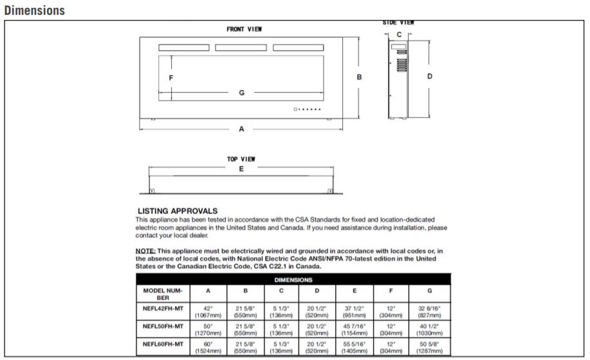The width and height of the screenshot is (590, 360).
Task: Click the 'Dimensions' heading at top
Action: (x=34, y=11)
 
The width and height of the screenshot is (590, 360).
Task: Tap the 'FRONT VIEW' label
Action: (x=244, y=30)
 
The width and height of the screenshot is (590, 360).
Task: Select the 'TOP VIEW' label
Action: (x=241, y=159)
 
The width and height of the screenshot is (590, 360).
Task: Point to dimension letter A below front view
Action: (x=242, y=129)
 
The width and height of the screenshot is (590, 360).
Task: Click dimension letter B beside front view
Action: (x=360, y=77)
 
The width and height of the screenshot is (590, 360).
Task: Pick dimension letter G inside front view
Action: (x=242, y=93)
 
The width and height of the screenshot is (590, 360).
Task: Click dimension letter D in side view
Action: (x=430, y=76)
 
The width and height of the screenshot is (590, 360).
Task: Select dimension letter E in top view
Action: (x=241, y=169)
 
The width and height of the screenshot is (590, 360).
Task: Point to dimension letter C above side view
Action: (x=399, y=33)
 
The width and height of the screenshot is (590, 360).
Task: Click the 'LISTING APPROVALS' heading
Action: (x=178, y=211)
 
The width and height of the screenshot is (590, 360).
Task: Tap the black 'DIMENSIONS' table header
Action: (x=293, y=280)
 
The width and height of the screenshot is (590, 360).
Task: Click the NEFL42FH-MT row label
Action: (x=163, y=309)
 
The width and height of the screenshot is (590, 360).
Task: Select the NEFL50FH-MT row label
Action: (x=163, y=327)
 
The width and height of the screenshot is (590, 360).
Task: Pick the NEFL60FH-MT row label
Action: (x=163, y=345)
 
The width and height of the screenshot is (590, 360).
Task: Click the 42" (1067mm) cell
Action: (x=208, y=312)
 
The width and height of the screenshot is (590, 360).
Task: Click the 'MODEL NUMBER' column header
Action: (x=163, y=294)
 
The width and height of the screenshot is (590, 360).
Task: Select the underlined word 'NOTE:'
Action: (x=145, y=251)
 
